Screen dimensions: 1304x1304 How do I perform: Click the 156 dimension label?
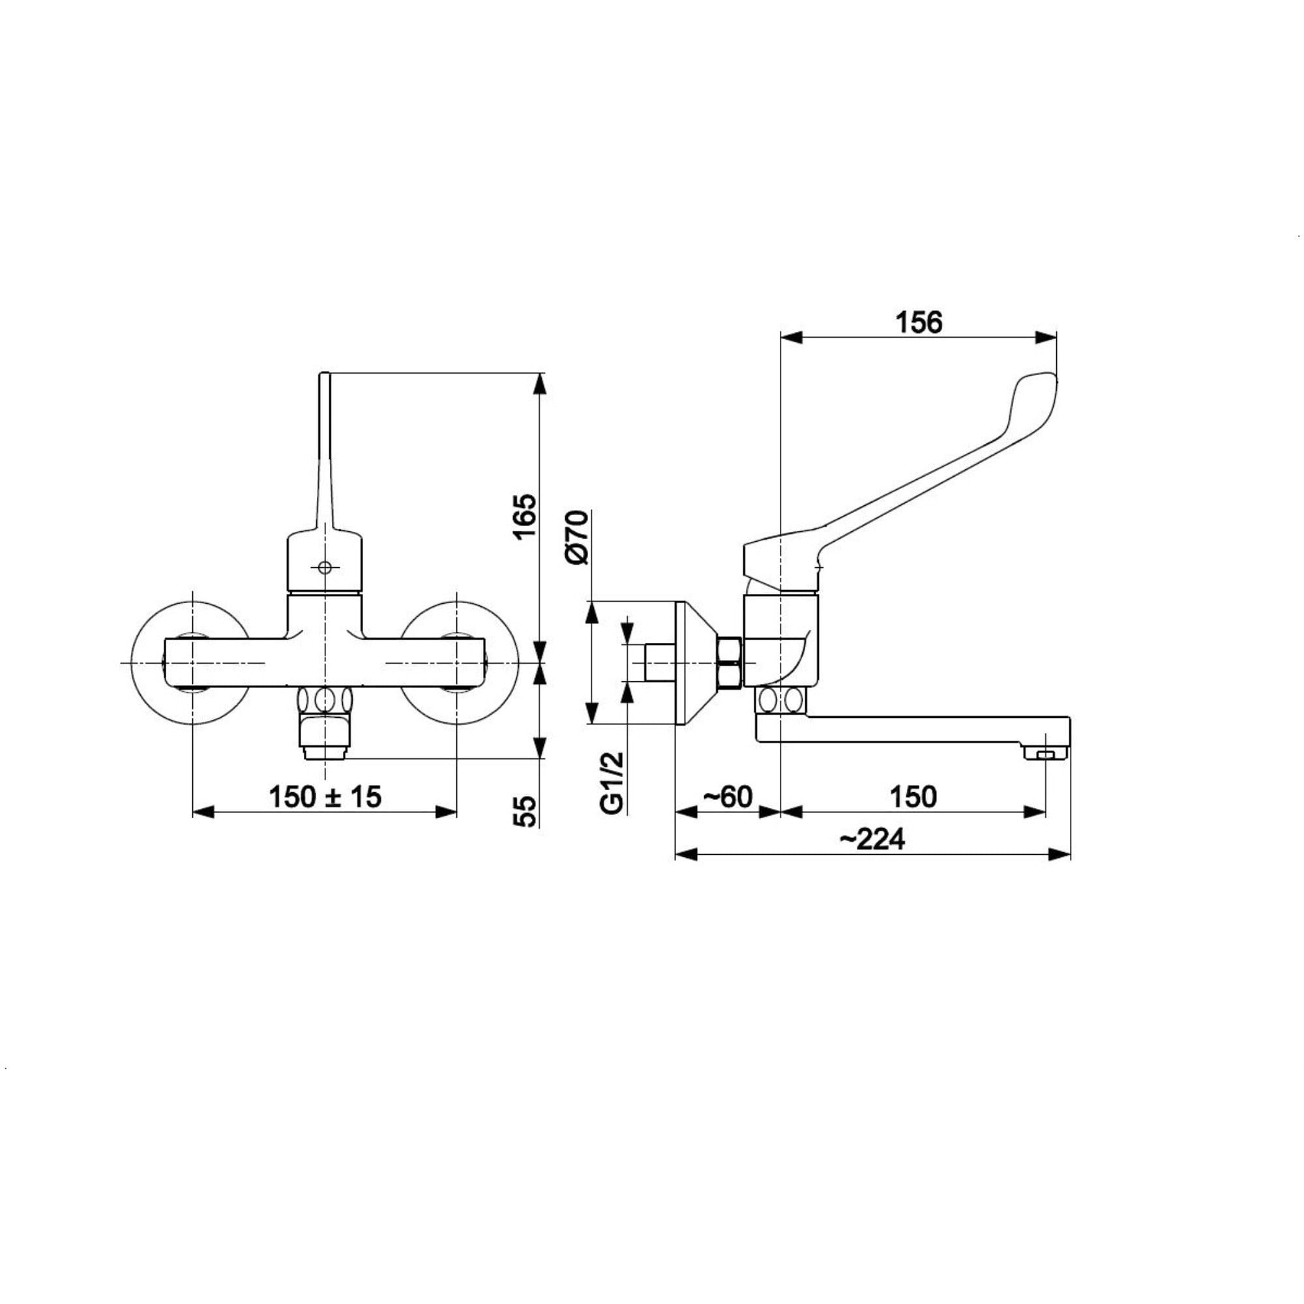tap(918, 323)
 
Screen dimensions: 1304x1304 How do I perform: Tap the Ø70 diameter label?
tap(578, 537)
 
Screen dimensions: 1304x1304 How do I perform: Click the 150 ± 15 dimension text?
tap(325, 797)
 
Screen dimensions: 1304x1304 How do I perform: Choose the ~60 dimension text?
tap(728, 797)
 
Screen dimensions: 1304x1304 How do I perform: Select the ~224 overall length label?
tap(872, 840)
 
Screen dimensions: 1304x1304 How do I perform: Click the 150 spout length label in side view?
tap(913, 797)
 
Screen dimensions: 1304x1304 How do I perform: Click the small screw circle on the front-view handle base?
tap(325, 568)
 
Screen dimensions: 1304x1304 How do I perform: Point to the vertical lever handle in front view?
tap(325, 445)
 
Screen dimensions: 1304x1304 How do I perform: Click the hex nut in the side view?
tap(730, 664)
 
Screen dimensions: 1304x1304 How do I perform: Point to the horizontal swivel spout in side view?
tap(911, 729)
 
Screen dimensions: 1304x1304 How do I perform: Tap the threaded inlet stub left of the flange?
tap(659, 664)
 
